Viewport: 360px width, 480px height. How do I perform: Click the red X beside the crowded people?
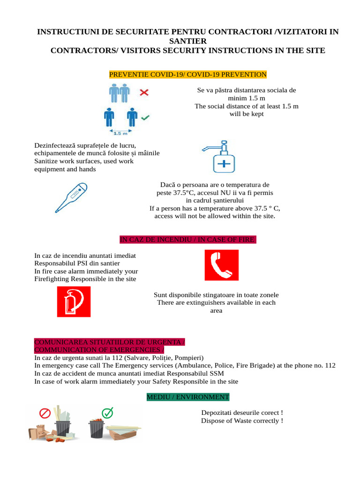144,93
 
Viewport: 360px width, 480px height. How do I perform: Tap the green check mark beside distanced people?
145,117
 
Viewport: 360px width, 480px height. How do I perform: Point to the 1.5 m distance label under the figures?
121,133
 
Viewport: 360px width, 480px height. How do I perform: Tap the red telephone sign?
221,265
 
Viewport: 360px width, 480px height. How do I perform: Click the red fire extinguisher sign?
74,301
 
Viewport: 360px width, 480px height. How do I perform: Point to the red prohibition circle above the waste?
45,413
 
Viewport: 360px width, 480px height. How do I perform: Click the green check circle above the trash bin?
108,412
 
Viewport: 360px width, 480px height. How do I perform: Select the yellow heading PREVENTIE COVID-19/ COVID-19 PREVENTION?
187,75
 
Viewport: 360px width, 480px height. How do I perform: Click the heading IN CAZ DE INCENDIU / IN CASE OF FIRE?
188,240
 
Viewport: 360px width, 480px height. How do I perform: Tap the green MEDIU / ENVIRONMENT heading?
188,397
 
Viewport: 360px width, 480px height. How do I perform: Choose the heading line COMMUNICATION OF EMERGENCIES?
98,350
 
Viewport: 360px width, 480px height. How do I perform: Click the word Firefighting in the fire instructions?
52,279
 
